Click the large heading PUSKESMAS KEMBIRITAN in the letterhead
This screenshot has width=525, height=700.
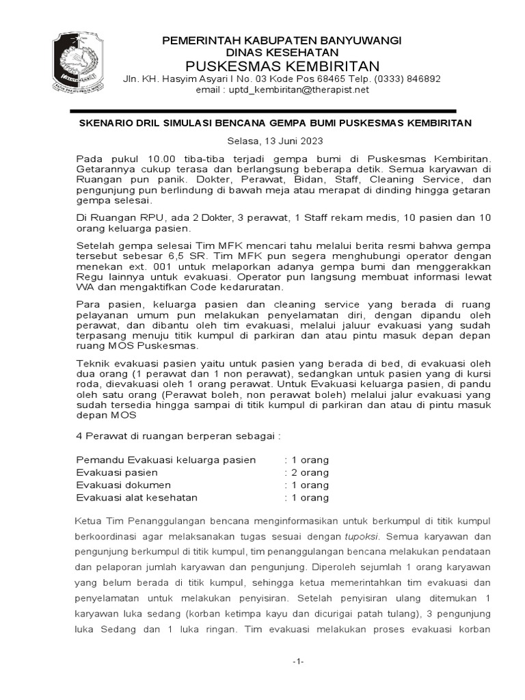point(281,66)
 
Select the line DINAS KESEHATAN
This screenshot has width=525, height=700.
point(281,53)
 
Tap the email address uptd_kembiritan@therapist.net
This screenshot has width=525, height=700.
point(282,90)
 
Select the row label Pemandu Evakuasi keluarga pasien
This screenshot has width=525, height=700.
point(166,460)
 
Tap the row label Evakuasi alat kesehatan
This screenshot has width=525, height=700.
point(137,498)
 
